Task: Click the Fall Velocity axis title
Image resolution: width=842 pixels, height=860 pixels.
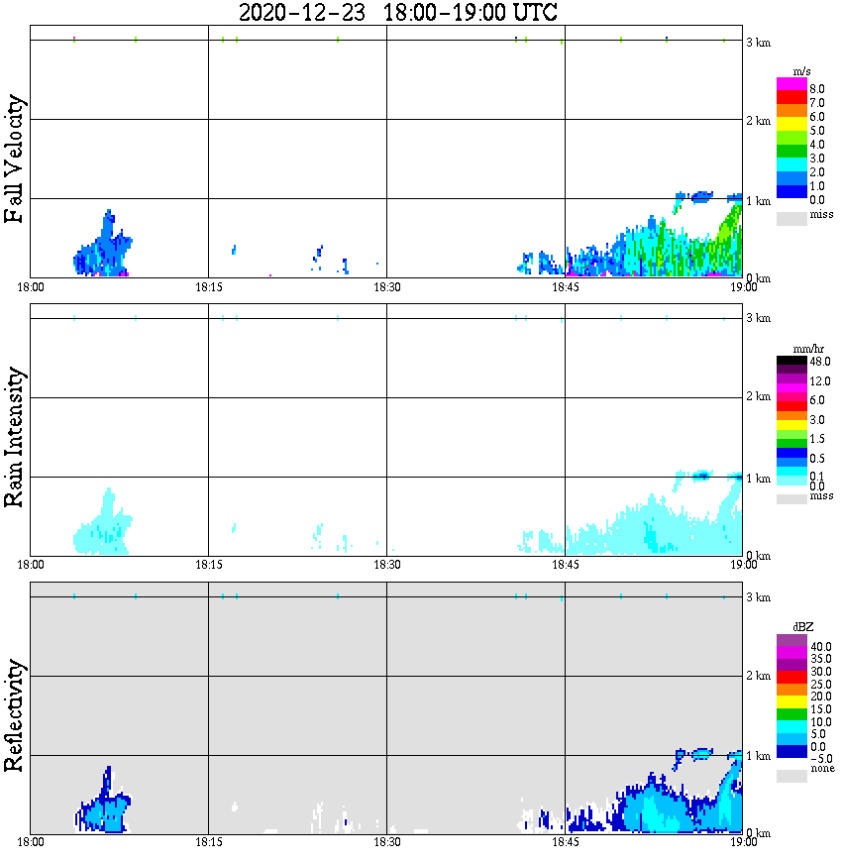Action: click(15, 159)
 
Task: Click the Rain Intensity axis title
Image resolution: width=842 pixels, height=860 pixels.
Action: click(15, 437)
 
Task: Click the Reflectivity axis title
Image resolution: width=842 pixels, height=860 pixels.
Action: click(15, 715)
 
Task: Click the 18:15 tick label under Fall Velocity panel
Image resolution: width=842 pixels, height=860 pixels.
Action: click(208, 287)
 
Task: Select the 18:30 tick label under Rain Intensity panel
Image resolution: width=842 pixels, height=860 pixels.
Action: click(386, 565)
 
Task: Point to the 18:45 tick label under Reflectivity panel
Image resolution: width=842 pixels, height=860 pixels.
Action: click(565, 843)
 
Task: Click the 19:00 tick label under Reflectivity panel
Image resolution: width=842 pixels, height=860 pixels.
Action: click(743, 843)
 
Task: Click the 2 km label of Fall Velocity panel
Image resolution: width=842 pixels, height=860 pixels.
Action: click(758, 121)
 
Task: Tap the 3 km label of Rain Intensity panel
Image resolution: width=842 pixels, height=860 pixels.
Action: click(758, 318)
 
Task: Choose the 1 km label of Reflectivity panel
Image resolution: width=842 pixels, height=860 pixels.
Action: click(758, 757)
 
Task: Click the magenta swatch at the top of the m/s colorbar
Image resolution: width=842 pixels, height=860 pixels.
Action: click(791, 84)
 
